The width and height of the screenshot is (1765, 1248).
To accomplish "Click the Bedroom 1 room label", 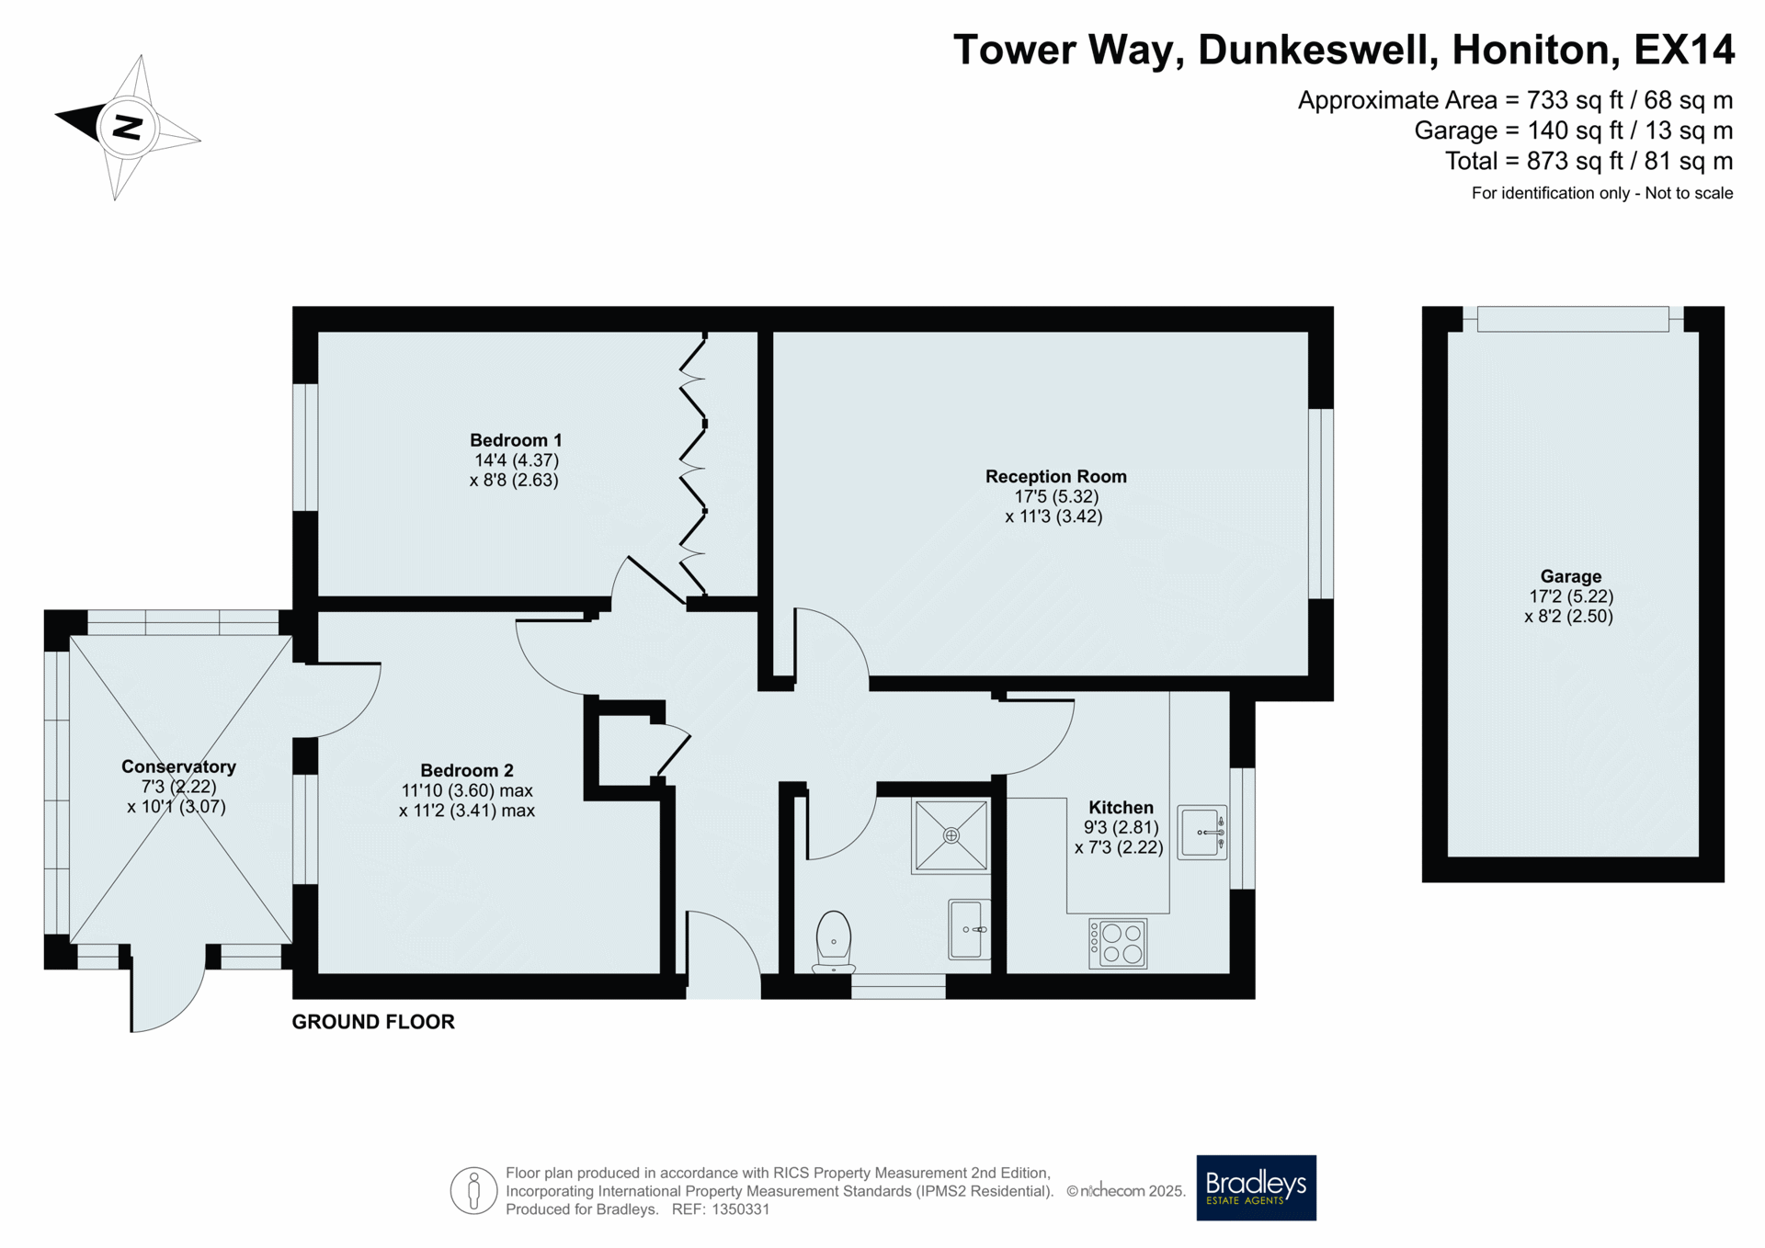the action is coord(516,440).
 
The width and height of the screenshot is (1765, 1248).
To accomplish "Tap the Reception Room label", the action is coord(1055,476).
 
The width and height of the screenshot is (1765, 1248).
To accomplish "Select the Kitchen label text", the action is coord(1121,808).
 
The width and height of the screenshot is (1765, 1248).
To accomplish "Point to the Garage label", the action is coord(1570,576).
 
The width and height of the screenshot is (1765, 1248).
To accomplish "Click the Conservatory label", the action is coord(178,766).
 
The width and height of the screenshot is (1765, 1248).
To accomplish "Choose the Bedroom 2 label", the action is coord(467,770).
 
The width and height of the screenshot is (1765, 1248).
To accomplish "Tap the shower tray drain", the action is coord(951,835).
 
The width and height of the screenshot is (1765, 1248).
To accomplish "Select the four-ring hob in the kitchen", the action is coord(1118,943).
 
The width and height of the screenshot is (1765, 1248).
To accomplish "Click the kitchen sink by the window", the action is coord(1202,833).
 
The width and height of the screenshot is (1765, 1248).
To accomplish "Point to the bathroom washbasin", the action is coord(969,929).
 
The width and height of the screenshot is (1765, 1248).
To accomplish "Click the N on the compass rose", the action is coord(127,127).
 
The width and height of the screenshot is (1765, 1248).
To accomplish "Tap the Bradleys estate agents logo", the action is coord(1256,1187).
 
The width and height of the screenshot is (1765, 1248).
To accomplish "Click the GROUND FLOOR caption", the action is coord(373,1022).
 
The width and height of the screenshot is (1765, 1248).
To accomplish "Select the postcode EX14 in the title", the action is coord(1683,50).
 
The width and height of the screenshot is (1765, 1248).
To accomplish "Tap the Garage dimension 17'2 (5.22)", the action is coord(1570,596).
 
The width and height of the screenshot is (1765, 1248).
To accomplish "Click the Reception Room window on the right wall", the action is coord(1321,504).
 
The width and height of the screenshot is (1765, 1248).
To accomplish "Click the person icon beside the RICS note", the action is coord(473,1190).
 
